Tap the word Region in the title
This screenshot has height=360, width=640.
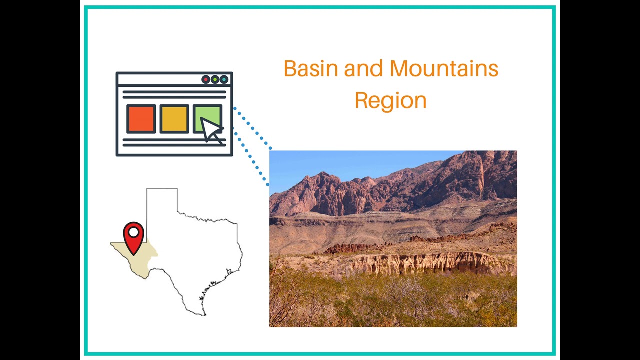[x=390, y=100]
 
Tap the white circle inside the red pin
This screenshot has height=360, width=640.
[x=133, y=232]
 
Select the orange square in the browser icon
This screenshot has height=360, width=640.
[x=141, y=119]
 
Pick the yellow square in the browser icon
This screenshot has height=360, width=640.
[x=174, y=119]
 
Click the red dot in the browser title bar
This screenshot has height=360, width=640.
[x=206, y=79]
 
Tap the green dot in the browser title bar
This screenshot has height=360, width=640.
[x=215, y=79]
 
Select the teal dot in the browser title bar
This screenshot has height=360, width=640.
[x=224, y=79]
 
